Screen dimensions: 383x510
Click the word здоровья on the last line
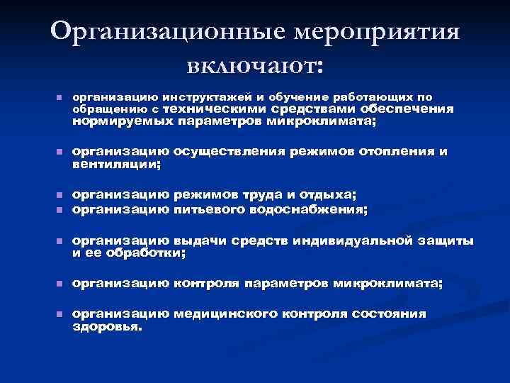tap(107, 328)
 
